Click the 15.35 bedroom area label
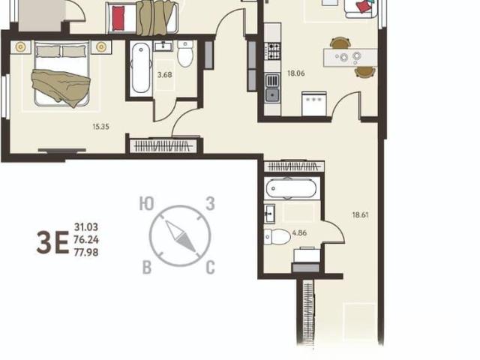click(101, 127)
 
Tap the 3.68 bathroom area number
click(165, 75)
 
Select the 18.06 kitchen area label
click(296, 73)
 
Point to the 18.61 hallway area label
click(360, 215)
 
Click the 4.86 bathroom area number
click(299, 233)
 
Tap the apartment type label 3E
click(52, 242)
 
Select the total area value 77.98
click(86, 253)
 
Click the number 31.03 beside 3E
click(86, 227)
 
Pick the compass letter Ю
click(147, 203)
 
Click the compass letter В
click(147, 267)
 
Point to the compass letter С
click(210, 267)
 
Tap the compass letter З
click(210, 203)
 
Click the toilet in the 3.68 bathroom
click(185, 53)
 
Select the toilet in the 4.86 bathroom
click(277, 237)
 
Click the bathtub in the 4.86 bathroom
click(291, 189)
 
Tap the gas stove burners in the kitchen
click(272, 51)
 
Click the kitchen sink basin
click(272, 95)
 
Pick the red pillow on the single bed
click(118, 18)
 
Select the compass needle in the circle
click(181, 236)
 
